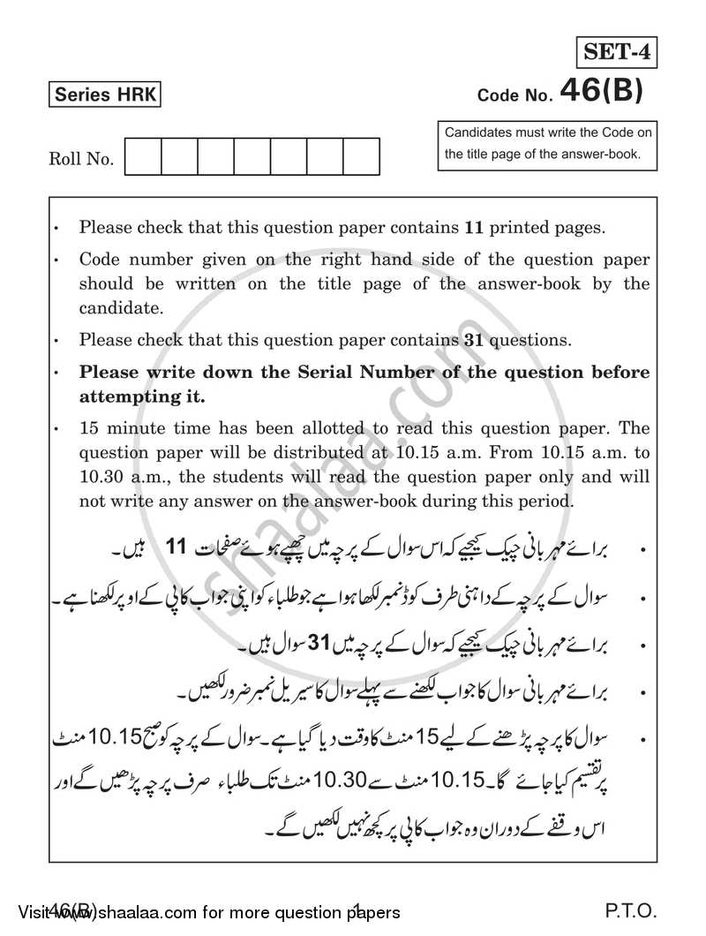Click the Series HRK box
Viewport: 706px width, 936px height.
(105, 95)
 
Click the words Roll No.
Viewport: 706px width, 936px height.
(81, 160)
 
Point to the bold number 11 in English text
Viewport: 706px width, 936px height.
(475, 228)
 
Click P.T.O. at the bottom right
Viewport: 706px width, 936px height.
(632, 912)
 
